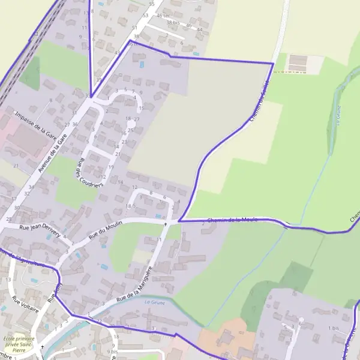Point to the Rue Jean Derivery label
[x=40, y=230]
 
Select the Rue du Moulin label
[x=106, y=229]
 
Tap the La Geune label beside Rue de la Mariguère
[x=155, y=302]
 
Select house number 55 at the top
[x=152, y=4]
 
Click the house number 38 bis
[x=173, y=22]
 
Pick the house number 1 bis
[x=334, y=328]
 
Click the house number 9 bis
[x=113, y=352]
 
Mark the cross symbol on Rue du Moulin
[x=166, y=224]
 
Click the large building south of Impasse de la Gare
[x=27, y=142]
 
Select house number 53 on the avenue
[x=145, y=15]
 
